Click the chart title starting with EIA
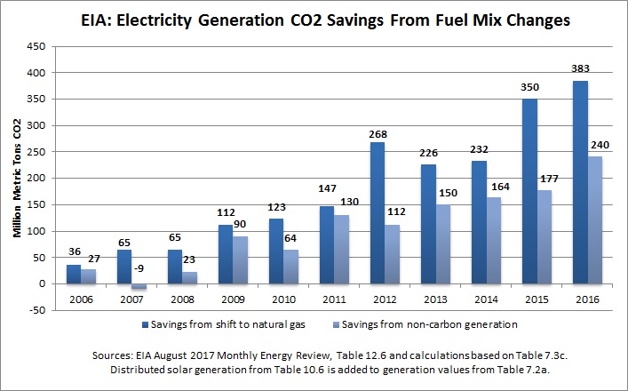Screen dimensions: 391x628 pos(314,18)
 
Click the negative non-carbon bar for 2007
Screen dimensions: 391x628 pos(138,286)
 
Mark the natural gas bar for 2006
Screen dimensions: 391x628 pos(73,274)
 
